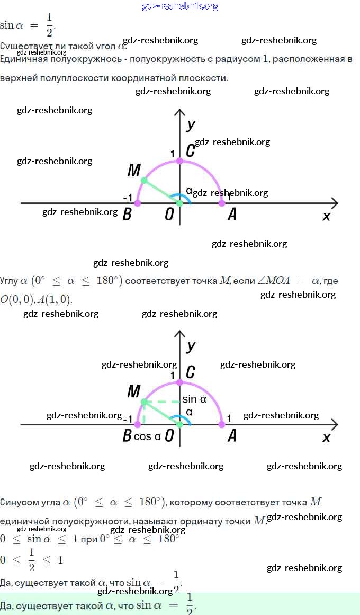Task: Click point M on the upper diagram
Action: (143, 181)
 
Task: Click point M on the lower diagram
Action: (143, 402)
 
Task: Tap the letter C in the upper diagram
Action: (190, 151)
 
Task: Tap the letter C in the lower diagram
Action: (190, 372)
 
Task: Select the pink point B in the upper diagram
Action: (138, 203)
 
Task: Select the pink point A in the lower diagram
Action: (222, 424)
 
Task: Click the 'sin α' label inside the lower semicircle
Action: (194, 399)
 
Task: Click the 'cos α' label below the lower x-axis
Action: (147, 436)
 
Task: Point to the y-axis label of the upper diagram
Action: (191, 124)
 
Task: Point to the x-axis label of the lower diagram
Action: (326, 438)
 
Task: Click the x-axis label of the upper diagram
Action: (326, 216)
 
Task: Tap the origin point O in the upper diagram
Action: (179, 203)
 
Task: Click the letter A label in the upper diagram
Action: (231, 215)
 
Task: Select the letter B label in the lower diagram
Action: (127, 436)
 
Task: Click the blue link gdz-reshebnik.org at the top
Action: (180, 6)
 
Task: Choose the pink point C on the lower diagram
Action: (179, 382)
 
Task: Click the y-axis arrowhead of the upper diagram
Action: (180, 112)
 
